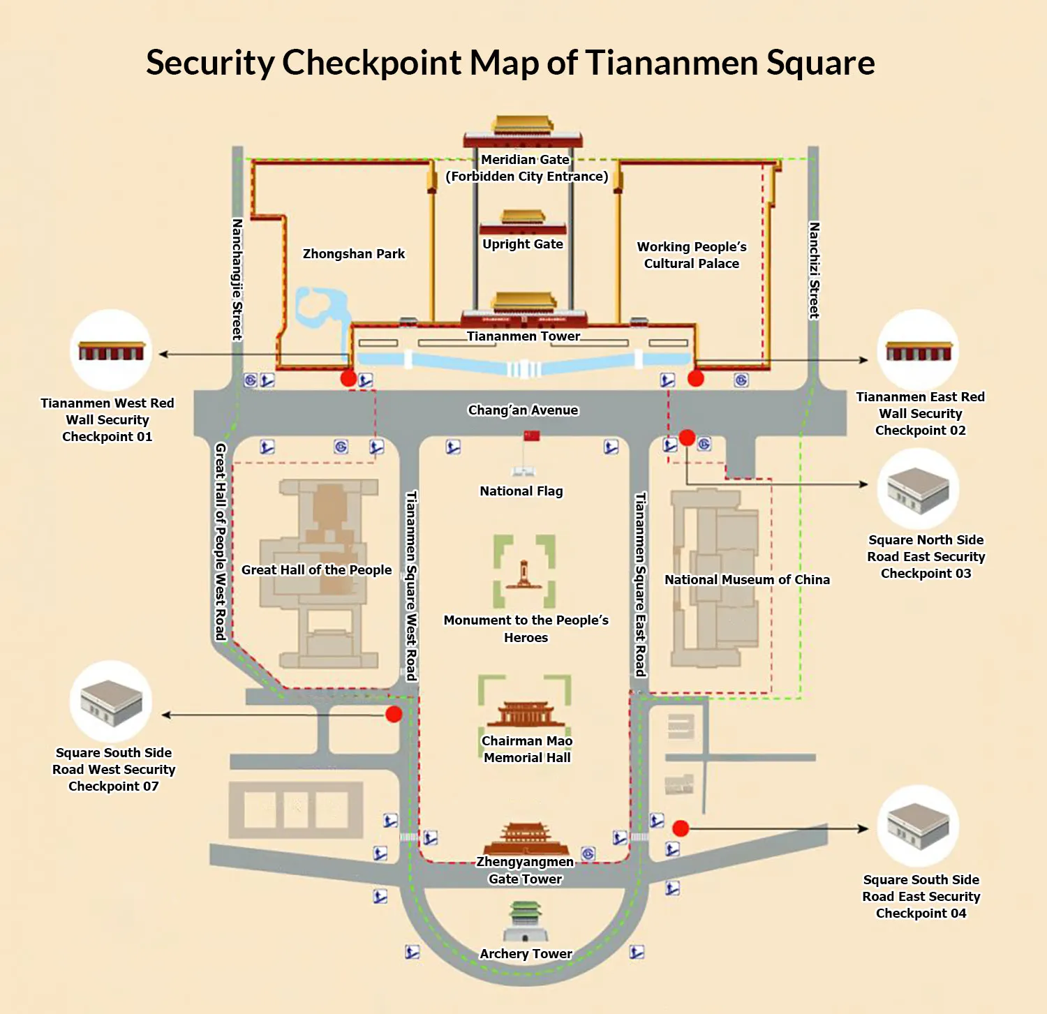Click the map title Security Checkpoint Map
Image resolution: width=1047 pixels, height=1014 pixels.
(510, 63)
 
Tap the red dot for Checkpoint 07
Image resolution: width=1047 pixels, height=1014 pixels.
(394, 714)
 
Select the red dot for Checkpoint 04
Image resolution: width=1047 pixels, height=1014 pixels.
(681, 828)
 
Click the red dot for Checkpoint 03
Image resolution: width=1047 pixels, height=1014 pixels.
(687, 438)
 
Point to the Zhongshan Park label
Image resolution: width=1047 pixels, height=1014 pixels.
(354, 253)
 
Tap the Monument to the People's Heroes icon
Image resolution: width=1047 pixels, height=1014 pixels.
(524, 573)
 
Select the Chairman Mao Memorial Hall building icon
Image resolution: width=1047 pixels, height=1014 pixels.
(526, 714)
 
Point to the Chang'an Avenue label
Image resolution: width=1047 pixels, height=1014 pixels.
(523, 410)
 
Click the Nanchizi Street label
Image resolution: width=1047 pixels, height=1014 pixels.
(814, 270)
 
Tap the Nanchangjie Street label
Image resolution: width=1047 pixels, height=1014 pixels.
(237, 279)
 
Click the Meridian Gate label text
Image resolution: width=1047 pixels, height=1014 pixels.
(526, 160)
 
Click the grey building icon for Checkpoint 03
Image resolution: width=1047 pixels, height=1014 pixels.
(919, 489)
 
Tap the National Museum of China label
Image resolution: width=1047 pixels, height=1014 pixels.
(747, 579)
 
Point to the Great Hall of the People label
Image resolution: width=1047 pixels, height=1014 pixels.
(316, 569)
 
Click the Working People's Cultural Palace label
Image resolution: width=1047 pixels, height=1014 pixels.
(692, 255)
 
